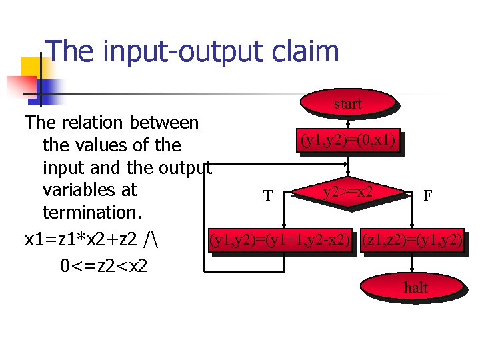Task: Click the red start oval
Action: click(x=348, y=103)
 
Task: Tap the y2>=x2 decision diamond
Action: click(x=348, y=193)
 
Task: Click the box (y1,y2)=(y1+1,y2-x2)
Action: click(x=280, y=239)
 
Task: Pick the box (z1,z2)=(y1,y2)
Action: click(x=411, y=239)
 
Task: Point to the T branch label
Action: click(x=268, y=196)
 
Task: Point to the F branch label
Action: click(x=427, y=195)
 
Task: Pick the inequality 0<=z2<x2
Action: click(x=104, y=266)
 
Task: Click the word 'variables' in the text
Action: click(x=89, y=190)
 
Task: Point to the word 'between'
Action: click(x=165, y=123)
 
